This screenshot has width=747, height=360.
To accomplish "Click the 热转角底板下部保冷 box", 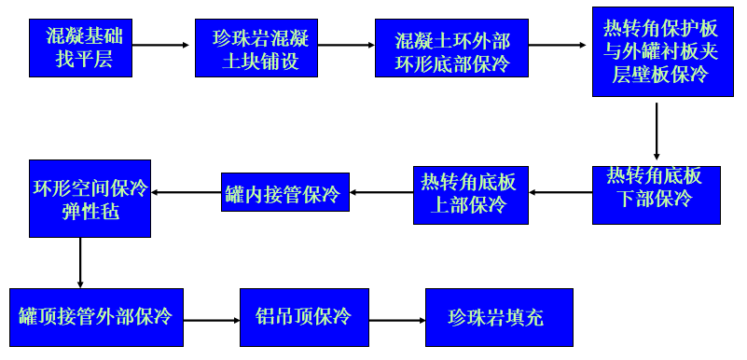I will click(x=656, y=195).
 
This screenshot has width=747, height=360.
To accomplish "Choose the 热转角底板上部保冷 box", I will click(x=470, y=195).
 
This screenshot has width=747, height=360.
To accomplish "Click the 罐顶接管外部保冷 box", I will click(x=95, y=318).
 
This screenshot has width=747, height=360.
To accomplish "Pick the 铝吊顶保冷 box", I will click(x=304, y=318).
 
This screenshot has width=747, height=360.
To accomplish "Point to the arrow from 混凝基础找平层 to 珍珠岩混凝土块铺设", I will click(x=160, y=44).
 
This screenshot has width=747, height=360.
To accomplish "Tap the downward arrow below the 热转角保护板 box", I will click(x=657, y=131).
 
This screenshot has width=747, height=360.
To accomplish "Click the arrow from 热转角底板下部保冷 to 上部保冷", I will click(x=560, y=193).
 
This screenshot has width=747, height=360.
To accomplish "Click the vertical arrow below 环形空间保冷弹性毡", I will click(x=80, y=263).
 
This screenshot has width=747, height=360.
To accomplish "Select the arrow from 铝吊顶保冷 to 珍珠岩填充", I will click(x=398, y=320).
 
